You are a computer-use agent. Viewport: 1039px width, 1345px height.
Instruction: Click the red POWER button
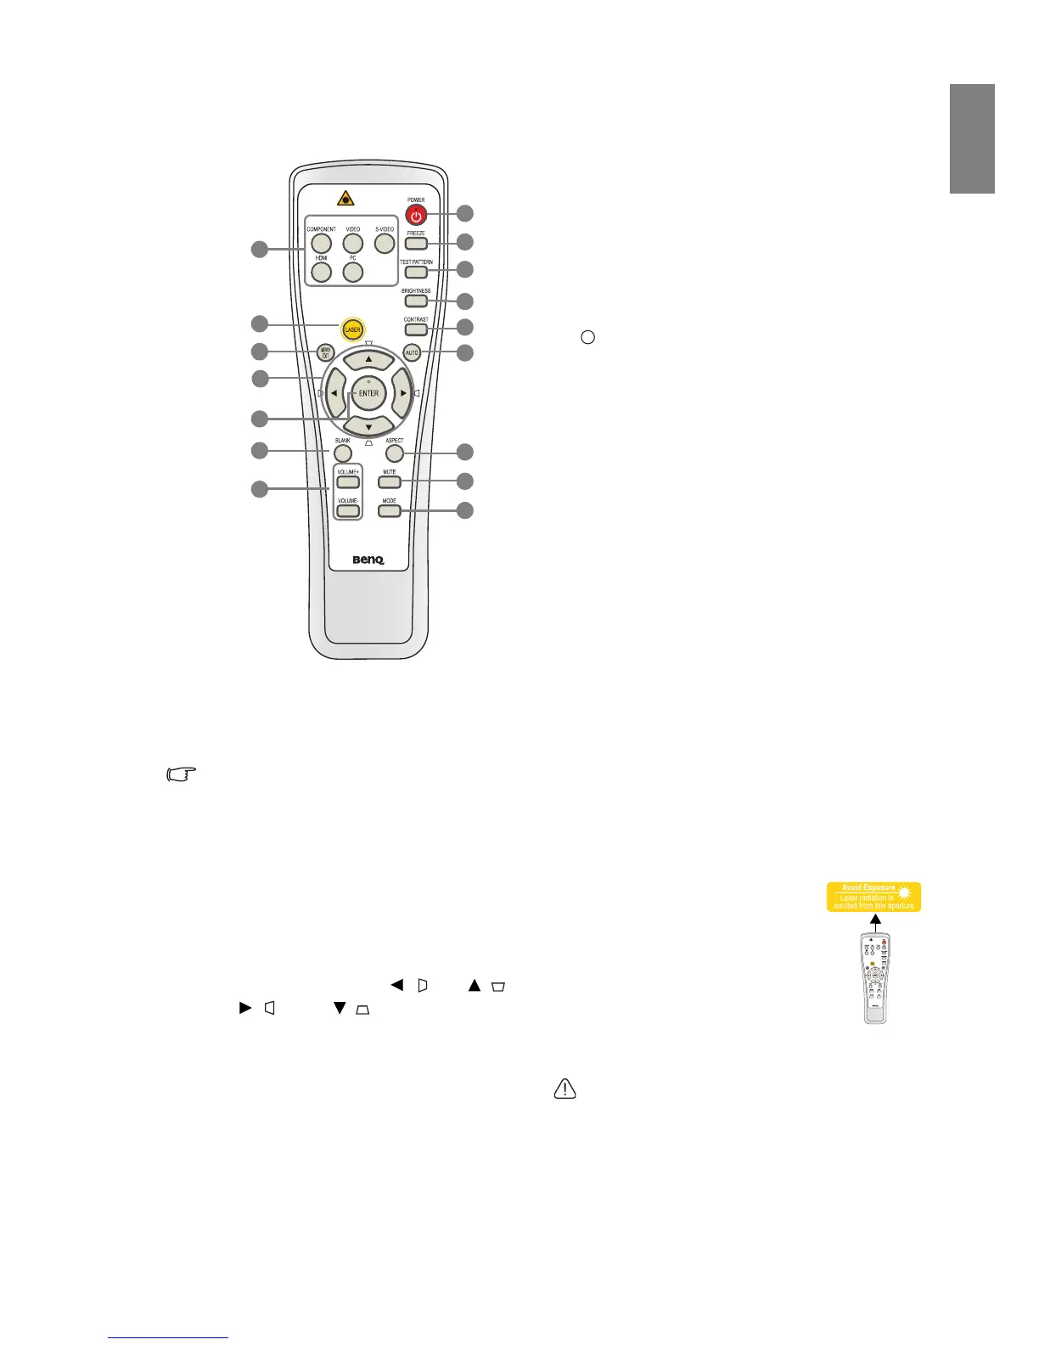pyautogui.click(x=416, y=216)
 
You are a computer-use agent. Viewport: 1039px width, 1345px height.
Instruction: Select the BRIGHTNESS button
pyautogui.click(x=416, y=301)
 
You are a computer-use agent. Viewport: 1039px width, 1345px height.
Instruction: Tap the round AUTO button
pyautogui.click(x=412, y=352)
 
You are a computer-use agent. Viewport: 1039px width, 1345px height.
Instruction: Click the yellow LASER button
pyautogui.click(x=352, y=329)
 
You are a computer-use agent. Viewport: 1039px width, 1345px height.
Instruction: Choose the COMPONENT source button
pyautogui.click(x=322, y=244)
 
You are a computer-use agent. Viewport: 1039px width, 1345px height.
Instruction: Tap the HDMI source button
pyautogui.click(x=322, y=272)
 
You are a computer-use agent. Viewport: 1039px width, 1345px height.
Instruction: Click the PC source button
pyautogui.click(x=353, y=272)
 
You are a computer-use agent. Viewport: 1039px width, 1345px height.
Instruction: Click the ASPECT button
pyautogui.click(x=394, y=453)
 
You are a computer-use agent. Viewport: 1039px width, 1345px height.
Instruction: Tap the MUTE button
pyautogui.click(x=390, y=482)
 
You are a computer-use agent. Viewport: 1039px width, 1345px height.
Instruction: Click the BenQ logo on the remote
pyautogui.click(x=368, y=560)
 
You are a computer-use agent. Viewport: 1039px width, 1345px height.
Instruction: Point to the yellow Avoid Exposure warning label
pyautogui.click(x=873, y=897)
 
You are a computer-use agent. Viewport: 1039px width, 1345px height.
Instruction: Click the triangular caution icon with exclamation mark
pyautogui.click(x=565, y=1088)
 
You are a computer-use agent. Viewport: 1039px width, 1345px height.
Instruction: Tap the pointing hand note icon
pyautogui.click(x=182, y=774)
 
